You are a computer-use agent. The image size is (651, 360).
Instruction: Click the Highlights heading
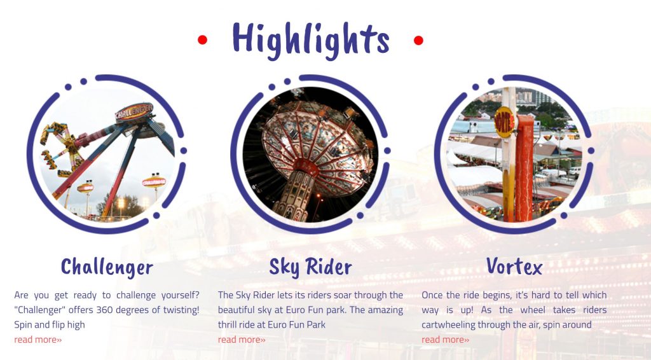pos(310,40)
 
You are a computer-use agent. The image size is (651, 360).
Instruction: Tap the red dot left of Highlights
pos(202,40)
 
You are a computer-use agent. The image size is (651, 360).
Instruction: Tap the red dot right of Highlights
pos(418,40)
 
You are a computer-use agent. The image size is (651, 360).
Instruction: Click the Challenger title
pos(107,267)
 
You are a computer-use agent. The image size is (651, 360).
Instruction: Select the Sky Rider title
pos(310,267)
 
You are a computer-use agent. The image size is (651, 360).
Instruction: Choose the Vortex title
pos(514,266)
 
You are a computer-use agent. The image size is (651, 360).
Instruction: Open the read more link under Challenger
pos(38,340)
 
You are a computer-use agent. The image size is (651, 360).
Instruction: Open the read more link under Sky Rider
pos(242,340)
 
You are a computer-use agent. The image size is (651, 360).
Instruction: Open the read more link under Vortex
pos(446,340)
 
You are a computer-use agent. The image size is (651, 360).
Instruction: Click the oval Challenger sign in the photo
pos(134,112)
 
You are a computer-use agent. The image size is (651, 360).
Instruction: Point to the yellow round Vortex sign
pos(504,122)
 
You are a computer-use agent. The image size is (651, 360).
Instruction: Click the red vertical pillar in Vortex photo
pos(524,168)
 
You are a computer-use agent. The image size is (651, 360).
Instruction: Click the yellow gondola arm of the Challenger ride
pos(62,145)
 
